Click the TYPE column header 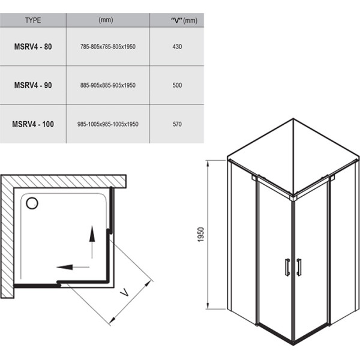[33, 20]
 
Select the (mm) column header [106, 20]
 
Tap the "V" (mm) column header [176, 20]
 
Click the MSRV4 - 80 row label [33, 46]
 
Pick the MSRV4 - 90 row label [33, 85]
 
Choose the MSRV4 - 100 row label [33, 124]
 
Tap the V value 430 [176, 46]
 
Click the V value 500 [176, 85]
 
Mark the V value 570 [176, 124]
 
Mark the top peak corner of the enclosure [292, 118]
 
